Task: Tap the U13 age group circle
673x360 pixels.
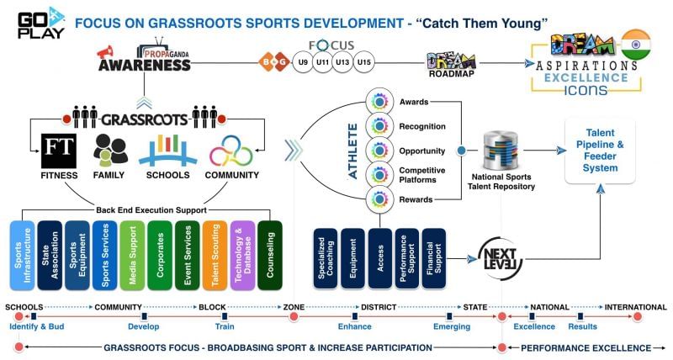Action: pos(342,62)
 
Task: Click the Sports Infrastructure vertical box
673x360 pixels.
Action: pos(22,255)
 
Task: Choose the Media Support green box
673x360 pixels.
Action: pos(133,255)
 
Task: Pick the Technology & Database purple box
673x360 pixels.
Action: pos(242,255)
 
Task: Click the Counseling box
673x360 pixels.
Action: pos(270,255)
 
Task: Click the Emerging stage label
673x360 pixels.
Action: pos(451,326)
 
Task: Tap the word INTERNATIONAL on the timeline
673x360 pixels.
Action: pos(635,307)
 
